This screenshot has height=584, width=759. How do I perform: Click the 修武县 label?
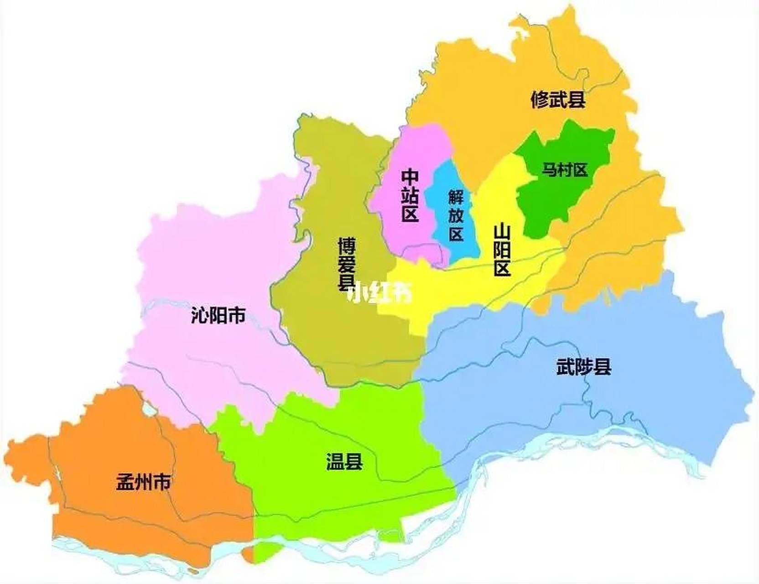(x=558, y=99)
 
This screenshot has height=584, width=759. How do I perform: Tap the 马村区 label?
(x=564, y=170)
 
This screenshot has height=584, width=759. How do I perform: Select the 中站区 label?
(x=410, y=195)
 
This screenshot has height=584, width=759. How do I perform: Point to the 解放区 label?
(x=456, y=215)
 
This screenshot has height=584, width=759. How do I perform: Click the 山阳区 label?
(x=502, y=250)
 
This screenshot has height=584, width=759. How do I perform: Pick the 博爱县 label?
(x=347, y=264)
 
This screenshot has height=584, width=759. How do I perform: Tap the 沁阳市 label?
(x=218, y=315)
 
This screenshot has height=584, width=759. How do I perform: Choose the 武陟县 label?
(x=583, y=366)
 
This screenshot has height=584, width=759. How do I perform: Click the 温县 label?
(x=344, y=461)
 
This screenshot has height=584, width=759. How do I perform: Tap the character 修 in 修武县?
(x=540, y=99)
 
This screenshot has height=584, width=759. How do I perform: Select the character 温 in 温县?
(x=335, y=461)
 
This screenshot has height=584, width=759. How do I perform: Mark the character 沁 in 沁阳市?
(x=200, y=315)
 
